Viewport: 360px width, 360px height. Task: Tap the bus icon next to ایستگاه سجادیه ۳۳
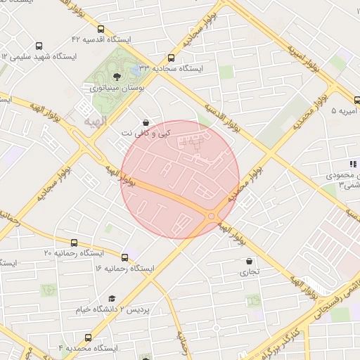click(x=172, y=58)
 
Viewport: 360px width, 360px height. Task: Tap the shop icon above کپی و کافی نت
click(x=146, y=122)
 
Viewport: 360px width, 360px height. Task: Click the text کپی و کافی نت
click(x=146, y=133)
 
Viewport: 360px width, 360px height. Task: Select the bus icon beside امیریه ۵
click(x=337, y=100)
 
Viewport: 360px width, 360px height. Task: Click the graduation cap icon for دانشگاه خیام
click(x=111, y=298)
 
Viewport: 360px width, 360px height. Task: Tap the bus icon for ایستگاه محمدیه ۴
click(x=87, y=337)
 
